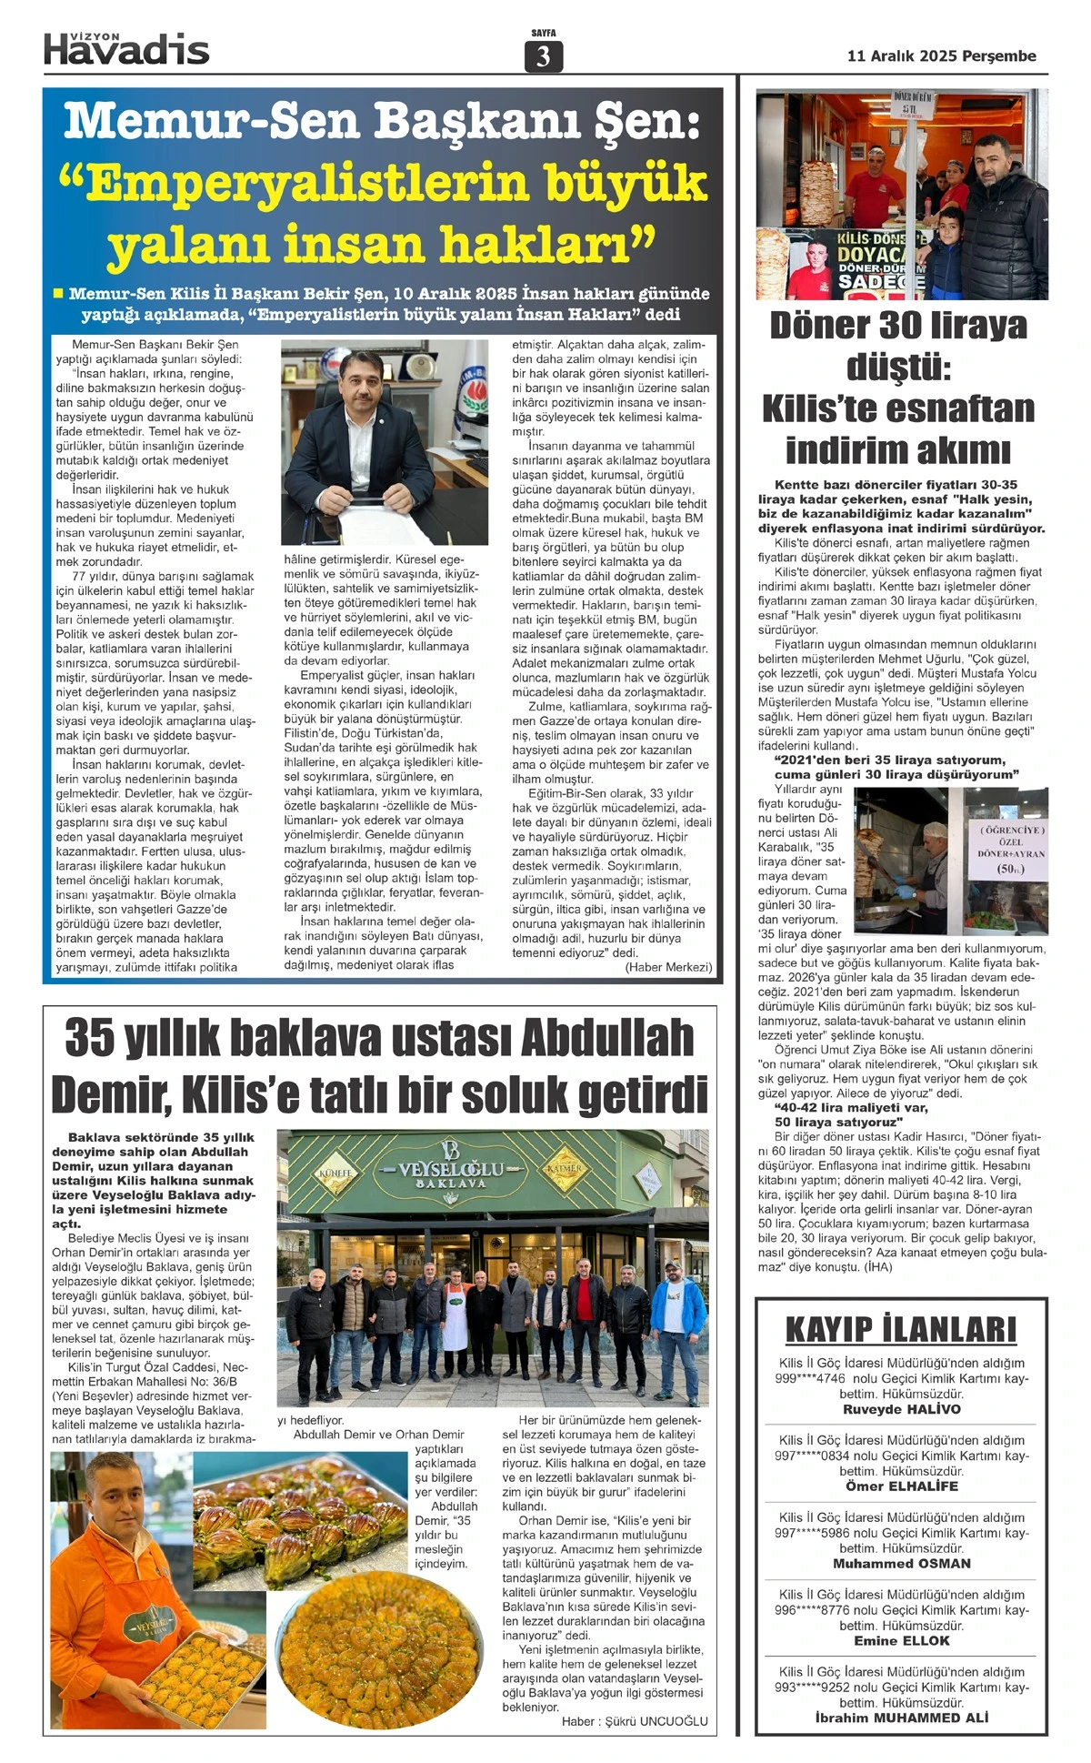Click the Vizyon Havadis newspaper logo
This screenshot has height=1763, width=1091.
click(x=126, y=48)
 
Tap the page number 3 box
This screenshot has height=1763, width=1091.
click(x=544, y=56)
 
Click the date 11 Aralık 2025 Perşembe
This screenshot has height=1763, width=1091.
click(x=941, y=56)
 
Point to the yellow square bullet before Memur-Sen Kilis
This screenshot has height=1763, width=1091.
click(x=57, y=294)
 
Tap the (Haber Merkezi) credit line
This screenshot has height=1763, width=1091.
click(x=668, y=967)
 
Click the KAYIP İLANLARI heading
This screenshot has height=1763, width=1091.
click(x=901, y=1329)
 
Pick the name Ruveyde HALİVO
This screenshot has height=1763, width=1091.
click(x=901, y=1409)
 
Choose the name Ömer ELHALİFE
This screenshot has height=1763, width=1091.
click(x=901, y=1486)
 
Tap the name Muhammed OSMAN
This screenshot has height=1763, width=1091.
click(x=901, y=1564)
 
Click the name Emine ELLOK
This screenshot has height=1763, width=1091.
click(x=901, y=1641)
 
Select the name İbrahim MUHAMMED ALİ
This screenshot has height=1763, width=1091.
click(x=901, y=1718)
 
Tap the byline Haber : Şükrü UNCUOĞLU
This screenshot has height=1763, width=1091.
click(x=634, y=1721)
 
